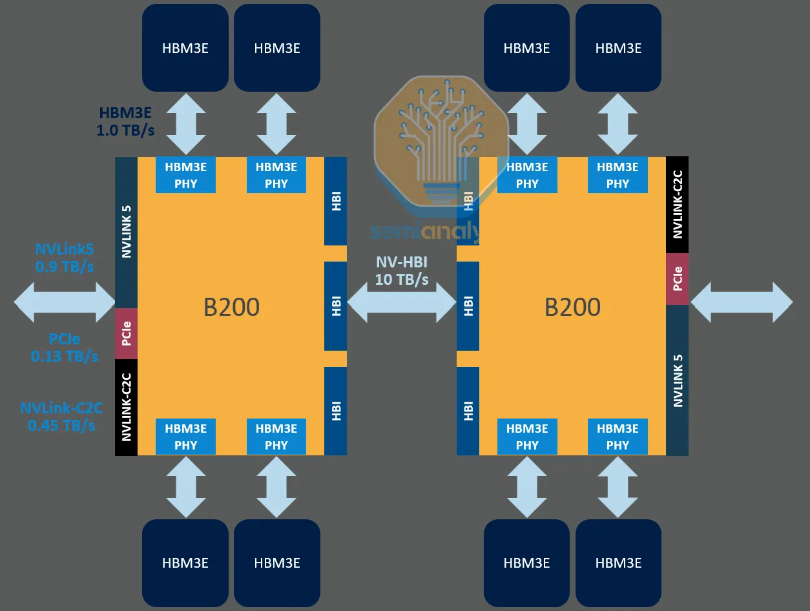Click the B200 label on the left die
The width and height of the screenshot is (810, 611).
(x=231, y=307)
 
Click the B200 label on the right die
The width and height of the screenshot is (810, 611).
(x=572, y=307)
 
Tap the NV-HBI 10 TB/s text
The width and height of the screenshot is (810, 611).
(x=402, y=271)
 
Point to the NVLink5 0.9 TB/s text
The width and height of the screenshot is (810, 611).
(x=64, y=257)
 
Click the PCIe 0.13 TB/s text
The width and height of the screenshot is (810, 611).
(x=65, y=347)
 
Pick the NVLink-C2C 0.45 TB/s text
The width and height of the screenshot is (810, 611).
(x=61, y=417)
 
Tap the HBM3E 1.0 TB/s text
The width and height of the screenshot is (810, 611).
(x=126, y=121)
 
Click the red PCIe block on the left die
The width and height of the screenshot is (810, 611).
(x=126, y=334)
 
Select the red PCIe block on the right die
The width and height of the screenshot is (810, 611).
(x=678, y=279)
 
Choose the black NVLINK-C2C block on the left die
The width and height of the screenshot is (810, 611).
(x=126, y=408)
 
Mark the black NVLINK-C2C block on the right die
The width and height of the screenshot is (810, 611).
(x=678, y=205)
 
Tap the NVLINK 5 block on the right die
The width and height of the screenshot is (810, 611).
(x=678, y=380)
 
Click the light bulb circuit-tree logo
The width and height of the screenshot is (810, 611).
(x=428, y=142)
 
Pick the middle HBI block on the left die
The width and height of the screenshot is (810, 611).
(x=336, y=306)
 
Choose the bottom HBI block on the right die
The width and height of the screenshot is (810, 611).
(x=468, y=411)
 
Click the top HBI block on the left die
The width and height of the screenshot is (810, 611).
(x=336, y=201)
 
